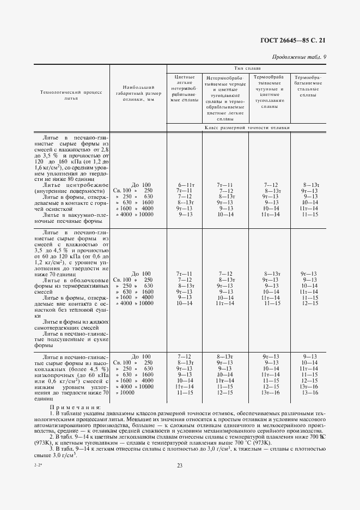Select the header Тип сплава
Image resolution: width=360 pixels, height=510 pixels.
[x=247, y=69]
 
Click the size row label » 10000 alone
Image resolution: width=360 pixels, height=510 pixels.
[x=123, y=392]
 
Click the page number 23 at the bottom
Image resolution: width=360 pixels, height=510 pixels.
[x=180, y=465]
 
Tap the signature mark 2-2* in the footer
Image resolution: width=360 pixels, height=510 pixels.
[x=39, y=464]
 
